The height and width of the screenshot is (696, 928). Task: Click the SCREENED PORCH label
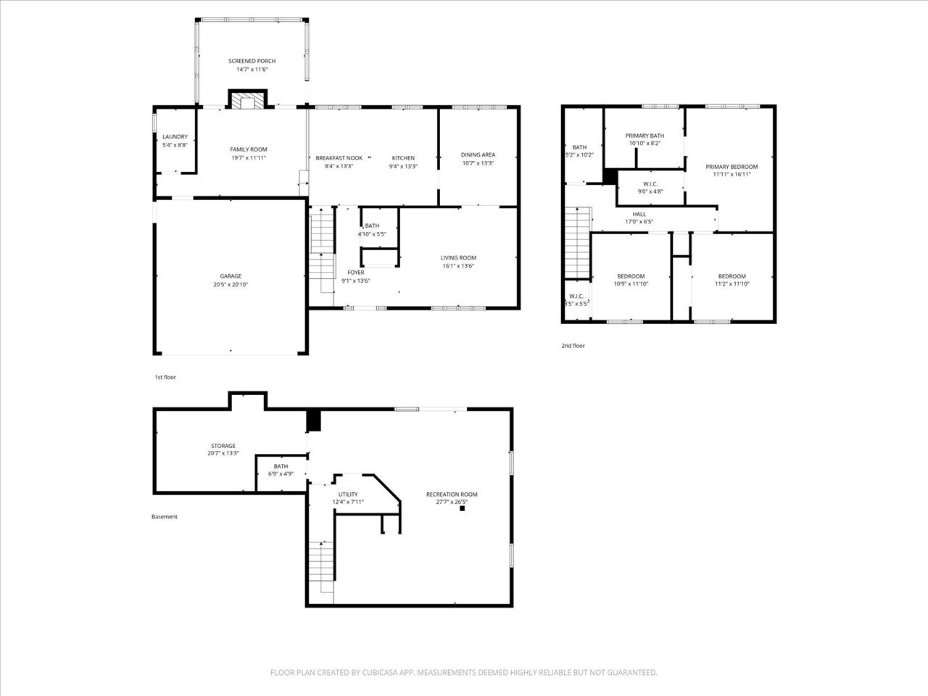click(x=252, y=62)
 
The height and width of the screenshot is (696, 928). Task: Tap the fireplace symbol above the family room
click(x=248, y=100)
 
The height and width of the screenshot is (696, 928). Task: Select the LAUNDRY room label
click(x=175, y=137)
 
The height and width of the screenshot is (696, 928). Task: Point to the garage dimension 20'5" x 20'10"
click(x=231, y=285)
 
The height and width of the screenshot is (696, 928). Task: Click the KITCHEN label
click(x=403, y=158)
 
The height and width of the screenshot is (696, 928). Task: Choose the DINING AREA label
click(x=478, y=155)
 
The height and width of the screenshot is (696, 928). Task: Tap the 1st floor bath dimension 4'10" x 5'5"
click(x=372, y=234)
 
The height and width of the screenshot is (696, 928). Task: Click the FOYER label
click(x=356, y=273)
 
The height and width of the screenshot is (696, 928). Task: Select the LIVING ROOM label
click(x=458, y=258)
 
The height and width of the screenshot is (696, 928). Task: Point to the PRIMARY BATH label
click(x=645, y=136)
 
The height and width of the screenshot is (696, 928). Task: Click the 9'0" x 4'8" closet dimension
click(x=650, y=191)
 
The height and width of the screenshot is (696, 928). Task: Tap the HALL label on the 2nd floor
click(x=639, y=215)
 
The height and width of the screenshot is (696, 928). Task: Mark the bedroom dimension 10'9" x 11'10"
click(x=631, y=284)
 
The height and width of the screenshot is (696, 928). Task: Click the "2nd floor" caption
click(x=573, y=346)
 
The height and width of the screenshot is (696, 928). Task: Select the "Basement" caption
click(x=165, y=517)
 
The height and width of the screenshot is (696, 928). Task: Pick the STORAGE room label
click(x=223, y=446)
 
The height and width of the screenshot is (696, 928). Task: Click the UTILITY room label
click(x=348, y=494)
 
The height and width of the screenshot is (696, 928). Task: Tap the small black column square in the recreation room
click(x=462, y=508)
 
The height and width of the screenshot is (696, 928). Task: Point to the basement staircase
click(x=321, y=572)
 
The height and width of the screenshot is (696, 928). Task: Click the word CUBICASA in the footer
click(x=380, y=672)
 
